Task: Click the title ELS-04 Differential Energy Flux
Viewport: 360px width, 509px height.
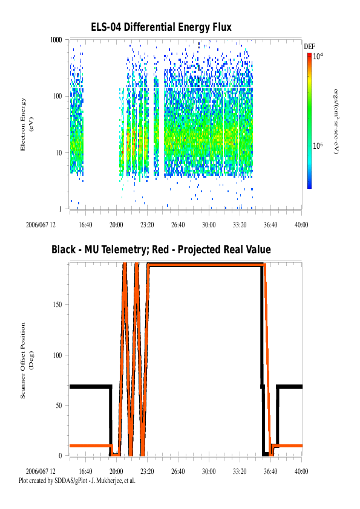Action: (161, 27)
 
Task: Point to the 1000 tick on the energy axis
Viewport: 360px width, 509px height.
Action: (56, 40)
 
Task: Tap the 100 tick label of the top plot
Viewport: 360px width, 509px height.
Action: (57, 96)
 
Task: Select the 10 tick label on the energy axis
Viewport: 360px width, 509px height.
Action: (59, 152)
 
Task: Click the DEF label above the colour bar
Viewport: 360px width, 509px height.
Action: (309, 47)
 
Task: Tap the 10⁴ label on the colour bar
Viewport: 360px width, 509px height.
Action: (318, 56)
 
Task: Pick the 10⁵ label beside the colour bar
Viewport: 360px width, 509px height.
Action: (318, 146)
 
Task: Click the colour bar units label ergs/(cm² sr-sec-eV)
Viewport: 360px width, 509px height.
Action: (336, 122)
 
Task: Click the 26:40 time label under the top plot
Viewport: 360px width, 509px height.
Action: (178, 225)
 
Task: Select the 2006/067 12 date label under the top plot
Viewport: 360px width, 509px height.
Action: (41, 225)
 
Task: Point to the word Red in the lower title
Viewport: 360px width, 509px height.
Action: (160, 250)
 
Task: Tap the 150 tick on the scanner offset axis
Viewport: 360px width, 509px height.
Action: (57, 305)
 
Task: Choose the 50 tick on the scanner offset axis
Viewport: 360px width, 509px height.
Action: (59, 406)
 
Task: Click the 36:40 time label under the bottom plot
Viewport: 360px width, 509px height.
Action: (270, 472)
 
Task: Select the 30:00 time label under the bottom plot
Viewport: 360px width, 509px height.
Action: (209, 472)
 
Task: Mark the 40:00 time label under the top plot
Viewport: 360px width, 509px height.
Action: (301, 225)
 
